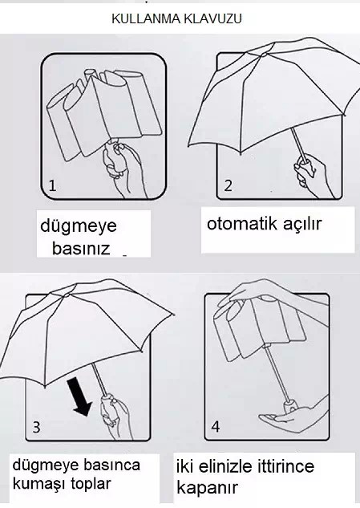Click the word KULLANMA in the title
pyautogui.click(x=147, y=18)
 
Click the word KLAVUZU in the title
pyautogui.click(x=212, y=18)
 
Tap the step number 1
pyautogui.click(x=52, y=185)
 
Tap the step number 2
pyautogui.click(x=229, y=185)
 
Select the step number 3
pyautogui.click(x=37, y=427)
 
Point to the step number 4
pyautogui.click(x=216, y=427)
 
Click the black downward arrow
pyautogui.click(x=79, y=397)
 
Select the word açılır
pyautogui.click(x=301, y=224)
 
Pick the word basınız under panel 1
pyautogui.click(x=81, y=249)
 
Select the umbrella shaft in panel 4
pyautogui.click(x=277, y=375)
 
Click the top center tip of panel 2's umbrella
pyautogui.click(x=264, y=54)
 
